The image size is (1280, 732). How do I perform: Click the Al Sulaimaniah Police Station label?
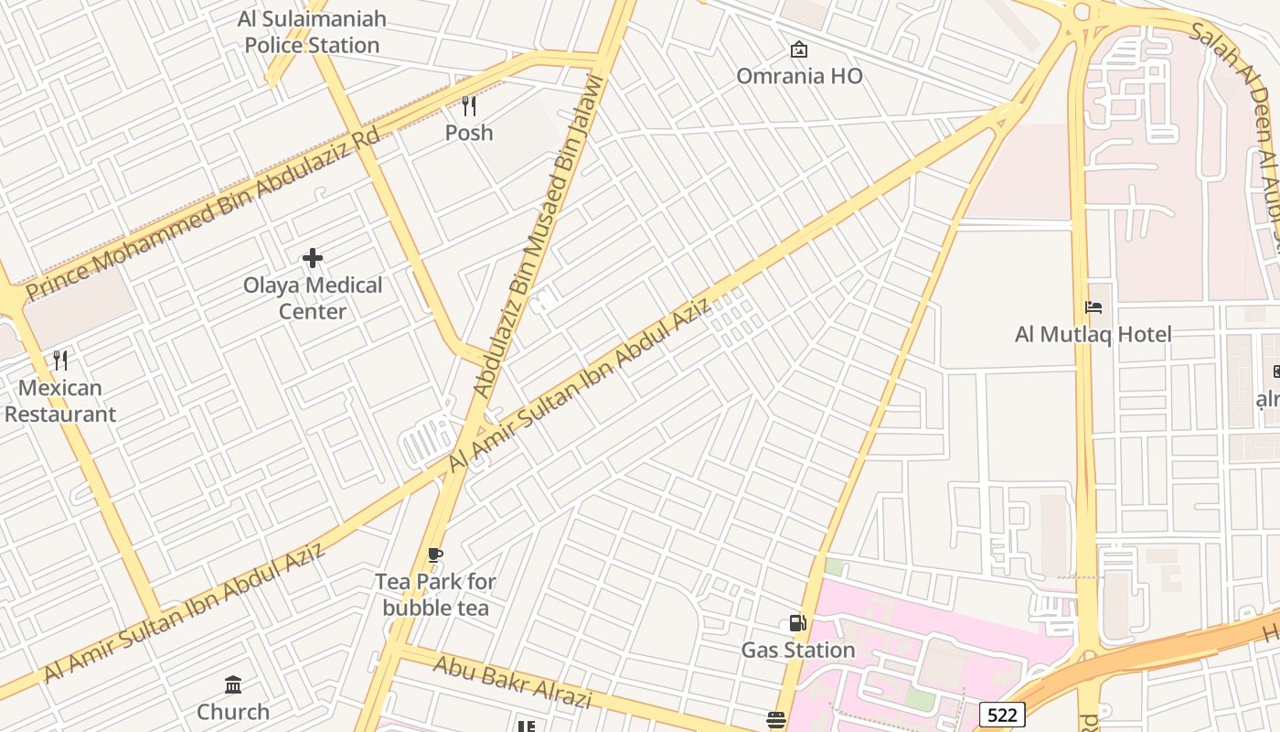coord(312,32)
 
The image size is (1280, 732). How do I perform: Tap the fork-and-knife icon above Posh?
coord(469,106)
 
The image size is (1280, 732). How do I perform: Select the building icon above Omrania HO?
coord(799,49)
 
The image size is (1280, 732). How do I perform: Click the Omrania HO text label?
coord(799,76)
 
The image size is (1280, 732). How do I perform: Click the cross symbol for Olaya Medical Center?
coord(313,258)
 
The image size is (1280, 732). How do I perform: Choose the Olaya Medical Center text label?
coord(313,298)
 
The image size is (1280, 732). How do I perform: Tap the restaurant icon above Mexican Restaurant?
coord(60,361)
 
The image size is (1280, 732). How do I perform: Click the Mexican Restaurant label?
coord(60,401)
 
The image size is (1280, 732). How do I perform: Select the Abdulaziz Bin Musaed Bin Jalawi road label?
coord(538,237)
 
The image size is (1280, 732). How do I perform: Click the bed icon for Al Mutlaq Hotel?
coord(1093,307)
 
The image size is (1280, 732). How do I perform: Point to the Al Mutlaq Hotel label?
coord(1093,334)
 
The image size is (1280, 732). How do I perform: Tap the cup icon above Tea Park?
coord(435,555)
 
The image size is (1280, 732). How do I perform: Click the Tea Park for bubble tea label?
coord(435,595)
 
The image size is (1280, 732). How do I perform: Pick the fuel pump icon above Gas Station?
coord(798,623)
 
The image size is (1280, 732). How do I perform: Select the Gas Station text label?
coord(798,650)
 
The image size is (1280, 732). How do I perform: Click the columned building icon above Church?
coord(233,685)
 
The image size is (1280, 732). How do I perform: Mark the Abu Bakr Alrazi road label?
coord(512,683)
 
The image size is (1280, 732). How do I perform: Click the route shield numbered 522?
coord(1001,714)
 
